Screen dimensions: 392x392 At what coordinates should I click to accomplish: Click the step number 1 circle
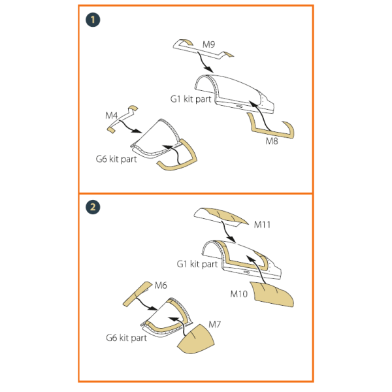point(93,20)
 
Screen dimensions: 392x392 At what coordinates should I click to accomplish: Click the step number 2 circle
point(93,207)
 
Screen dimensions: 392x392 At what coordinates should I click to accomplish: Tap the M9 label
point(208,44)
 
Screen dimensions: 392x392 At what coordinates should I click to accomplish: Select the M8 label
point(272,141)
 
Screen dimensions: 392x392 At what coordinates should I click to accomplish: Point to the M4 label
point(111,116)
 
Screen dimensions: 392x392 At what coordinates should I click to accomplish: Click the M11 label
point(262,225)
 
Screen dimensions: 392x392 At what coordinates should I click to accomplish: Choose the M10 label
point(238,294)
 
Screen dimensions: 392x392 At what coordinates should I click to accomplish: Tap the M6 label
point(161,286)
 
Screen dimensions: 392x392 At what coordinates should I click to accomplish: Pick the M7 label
point(214,325)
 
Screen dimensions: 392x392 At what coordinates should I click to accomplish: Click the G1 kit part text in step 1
point(191,99)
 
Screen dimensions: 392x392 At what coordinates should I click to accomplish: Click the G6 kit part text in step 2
point(126,338)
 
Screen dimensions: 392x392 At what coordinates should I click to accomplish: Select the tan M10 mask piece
point(273,294)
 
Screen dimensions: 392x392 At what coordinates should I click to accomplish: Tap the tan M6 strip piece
point(137,294)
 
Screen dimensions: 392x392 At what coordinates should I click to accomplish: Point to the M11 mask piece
point(221,216)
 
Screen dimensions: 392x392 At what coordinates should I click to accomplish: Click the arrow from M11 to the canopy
point(227,233)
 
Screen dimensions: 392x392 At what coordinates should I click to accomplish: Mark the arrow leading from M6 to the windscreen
point(145,304)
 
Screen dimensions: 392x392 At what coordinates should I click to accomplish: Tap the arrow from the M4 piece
point(130,127)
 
